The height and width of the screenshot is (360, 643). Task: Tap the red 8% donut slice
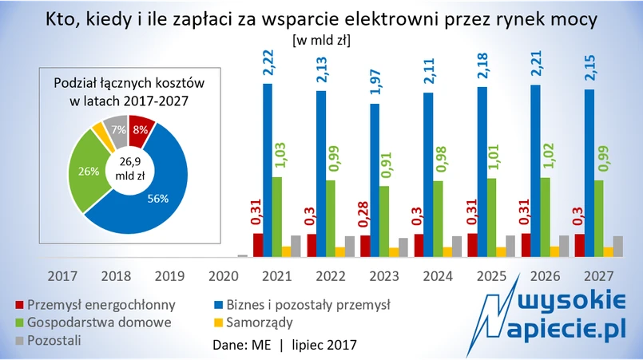(x=140, y=130)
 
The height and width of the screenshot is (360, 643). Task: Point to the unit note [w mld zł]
(x=322, y=38)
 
